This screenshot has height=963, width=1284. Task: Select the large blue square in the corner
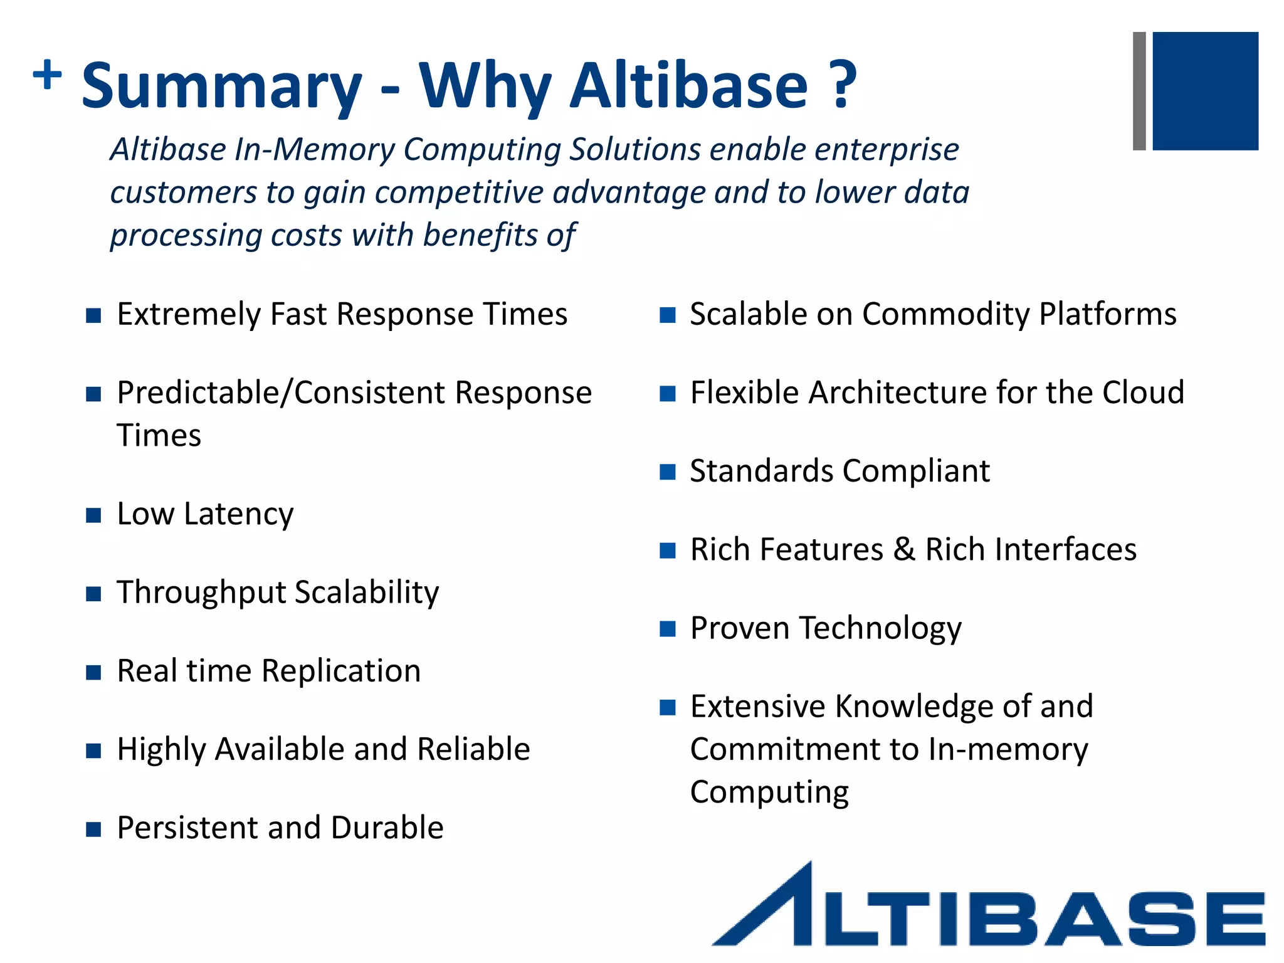(1205, 91)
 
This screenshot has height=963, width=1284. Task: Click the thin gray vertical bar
(1139, 91)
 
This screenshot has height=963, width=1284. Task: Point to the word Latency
(239, 515)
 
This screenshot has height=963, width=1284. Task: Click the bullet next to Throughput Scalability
(93, 594)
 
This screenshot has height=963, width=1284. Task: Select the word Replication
(341, 671)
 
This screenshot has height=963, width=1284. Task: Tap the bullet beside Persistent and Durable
(93, 829)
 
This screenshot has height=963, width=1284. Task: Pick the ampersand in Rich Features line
(903, 549)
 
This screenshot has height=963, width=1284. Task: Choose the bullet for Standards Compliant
(668, 472)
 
